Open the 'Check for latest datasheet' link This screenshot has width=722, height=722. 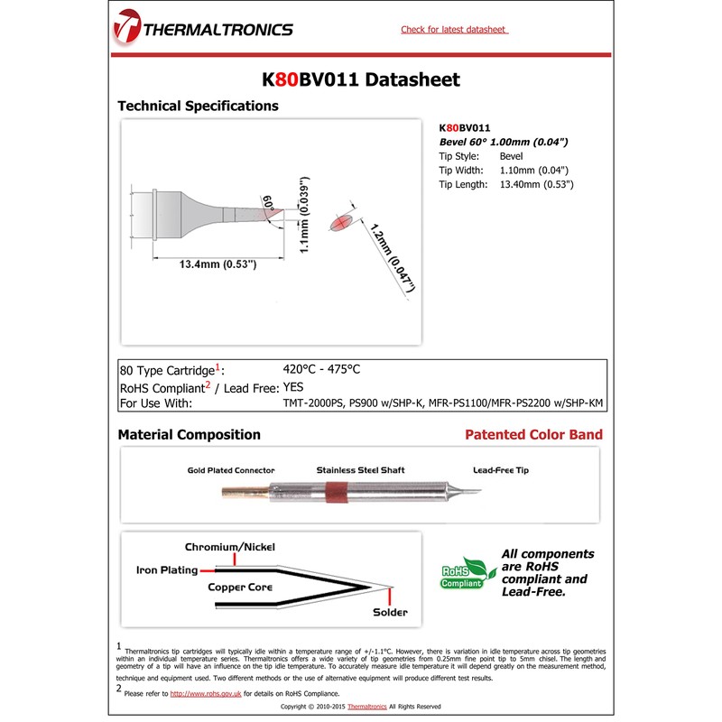coord(453,30)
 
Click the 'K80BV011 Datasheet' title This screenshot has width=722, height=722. coord(361,79)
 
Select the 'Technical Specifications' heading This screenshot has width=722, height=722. coord(198,106)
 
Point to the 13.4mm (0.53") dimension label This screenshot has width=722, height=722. coord(205,264)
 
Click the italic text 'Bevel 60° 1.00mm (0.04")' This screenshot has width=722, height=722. coord(503,142)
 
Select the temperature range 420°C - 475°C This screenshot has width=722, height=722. coord(321,369)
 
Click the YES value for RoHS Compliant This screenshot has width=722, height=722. coord(295,386)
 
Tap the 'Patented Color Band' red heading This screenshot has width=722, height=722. coord(533,435)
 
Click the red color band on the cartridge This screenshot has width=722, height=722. coord(334,493)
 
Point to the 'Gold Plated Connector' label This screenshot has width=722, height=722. coord(231,470)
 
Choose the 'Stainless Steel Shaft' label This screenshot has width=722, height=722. coord(360,470)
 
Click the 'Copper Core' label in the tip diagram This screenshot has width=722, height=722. coord(241,588)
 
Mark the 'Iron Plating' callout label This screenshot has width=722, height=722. coord(167,570)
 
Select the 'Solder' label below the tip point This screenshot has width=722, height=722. coord(390,613)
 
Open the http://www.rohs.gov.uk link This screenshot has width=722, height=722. coord(206,693)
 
